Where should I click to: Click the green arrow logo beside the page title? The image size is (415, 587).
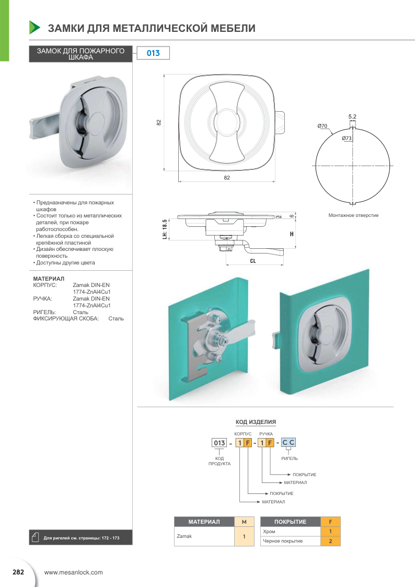click(x=34, y=27)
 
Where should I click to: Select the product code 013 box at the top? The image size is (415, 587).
click(x=153, y=53)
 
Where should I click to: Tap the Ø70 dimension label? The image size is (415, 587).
click(x=322, y=126)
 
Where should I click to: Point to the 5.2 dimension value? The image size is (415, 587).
click(x=352, y=117)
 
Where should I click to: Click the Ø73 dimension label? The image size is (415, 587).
click(x=346, y=139)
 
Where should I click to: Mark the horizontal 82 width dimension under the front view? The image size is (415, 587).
click(x=227, y=178)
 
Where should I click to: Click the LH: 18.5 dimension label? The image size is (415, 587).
click(x=165, y=229)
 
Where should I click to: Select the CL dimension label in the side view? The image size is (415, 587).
click(x=253, y=260)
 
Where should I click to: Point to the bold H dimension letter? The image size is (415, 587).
click(x=291, y=234)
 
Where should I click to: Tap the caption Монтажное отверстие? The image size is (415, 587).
click(x=353, y=215)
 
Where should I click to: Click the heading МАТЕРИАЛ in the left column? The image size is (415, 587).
click(x=49, y=278)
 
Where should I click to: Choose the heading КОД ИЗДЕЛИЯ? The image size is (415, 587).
click(x=256, y=421)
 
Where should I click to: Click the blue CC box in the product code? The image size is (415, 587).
click(x=289, y=443)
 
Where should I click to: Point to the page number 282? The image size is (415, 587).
click(x=18, y=572)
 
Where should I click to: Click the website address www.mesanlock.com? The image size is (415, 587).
click(x=74, y=572)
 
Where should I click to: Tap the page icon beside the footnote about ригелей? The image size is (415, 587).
click(x=36, y=537)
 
